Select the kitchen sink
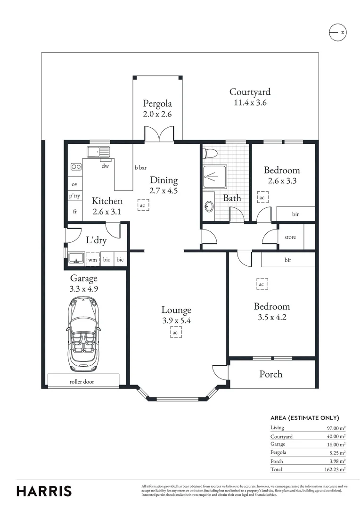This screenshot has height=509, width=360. (x=98, y=152)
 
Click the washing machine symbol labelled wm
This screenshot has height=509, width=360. (x=93, y=259)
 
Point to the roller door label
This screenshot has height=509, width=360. (x=82, y=382)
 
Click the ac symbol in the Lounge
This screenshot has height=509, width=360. (x=175, y=332)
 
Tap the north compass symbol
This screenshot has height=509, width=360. (x=337, y=32)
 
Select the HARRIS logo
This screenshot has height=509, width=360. (x=44, y=491)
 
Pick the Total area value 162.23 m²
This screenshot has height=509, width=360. (x=335, y=469)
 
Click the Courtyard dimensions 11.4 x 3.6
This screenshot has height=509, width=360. (x=250, y=103)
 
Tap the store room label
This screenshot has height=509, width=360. (x=290, y=237)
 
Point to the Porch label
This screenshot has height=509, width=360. (x=271, y=374)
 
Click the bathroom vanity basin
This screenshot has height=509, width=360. (x=209, y=206)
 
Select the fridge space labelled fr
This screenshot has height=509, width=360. (x=75, y=211)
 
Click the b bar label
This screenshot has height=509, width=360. (x=140, y=167)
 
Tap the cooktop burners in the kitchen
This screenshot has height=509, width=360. (x=76, y=166)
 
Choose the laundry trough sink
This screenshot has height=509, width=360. (x=77, y=259)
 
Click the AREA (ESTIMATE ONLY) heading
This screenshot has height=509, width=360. (x=304, y=418)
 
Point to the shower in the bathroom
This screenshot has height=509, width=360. (x=215, y=177)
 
